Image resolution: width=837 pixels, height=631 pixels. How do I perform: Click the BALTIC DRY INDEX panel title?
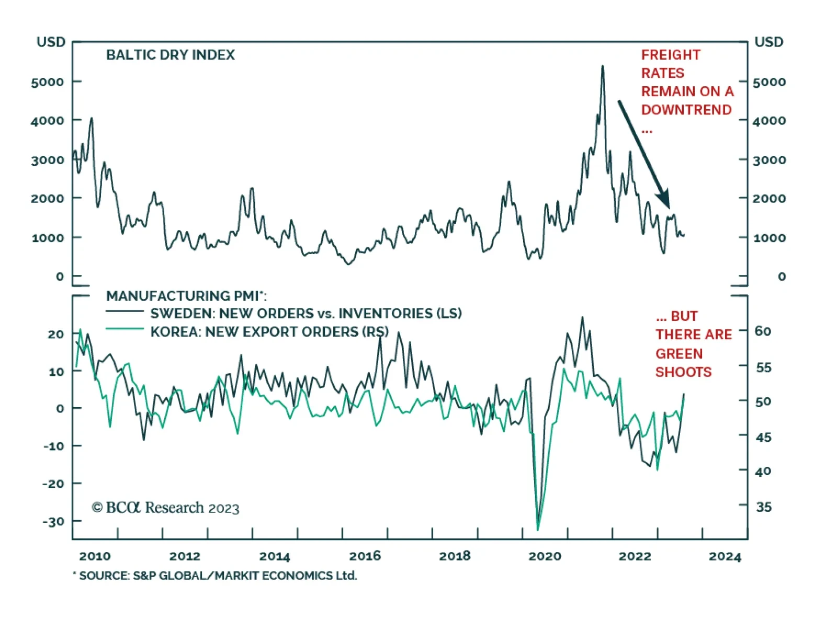[x=171, y=55]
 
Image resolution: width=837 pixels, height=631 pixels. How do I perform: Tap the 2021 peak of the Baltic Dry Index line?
[x=603, y=67]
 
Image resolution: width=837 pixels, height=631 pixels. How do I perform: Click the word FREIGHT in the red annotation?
[x=671, y=55]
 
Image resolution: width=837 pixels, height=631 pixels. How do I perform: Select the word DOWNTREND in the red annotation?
[x=686, y=110]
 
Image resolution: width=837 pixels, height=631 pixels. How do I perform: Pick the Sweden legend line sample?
[x=125, y=312]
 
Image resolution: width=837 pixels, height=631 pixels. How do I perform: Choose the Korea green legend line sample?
[x=125, y=329]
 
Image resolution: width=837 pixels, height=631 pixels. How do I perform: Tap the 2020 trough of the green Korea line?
[x=538, y=529]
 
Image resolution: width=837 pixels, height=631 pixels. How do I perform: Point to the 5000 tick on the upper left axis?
[x=48, y=82]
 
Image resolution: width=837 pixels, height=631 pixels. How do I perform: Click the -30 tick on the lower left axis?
[x=53, y=521]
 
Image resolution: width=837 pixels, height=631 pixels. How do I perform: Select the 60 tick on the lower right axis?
[x=763, y=331]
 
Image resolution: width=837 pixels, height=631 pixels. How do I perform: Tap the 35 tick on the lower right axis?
[x=763, y=507]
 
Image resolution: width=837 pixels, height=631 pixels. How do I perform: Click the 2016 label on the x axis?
[x=365, y=556]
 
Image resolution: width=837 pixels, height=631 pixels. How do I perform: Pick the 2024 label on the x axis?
[x=725, y=556]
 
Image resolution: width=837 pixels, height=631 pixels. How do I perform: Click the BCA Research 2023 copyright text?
[x=165, y=508]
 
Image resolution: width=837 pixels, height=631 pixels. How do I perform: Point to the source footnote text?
[x=216, y=576]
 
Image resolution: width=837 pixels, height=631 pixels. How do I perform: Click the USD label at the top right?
[x=768, y=42]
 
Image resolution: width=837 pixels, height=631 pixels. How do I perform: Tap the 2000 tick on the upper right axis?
[x=769, y=199]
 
